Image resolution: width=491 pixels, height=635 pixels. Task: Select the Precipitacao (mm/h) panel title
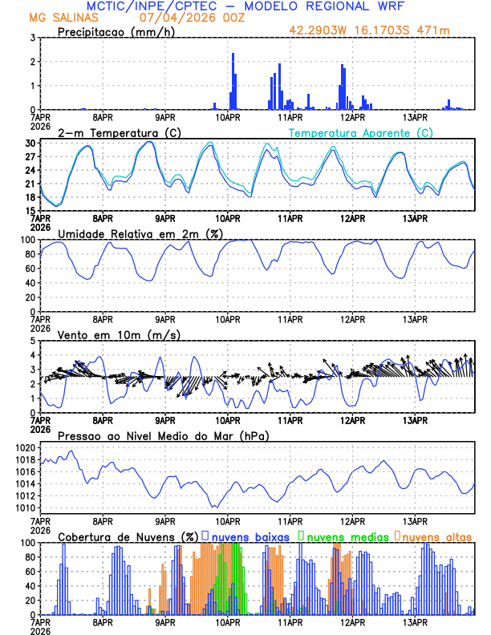pyautogui.click(x=116, y=31)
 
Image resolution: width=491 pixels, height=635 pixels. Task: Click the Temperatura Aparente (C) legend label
pyautogui.click(x=360, y=132)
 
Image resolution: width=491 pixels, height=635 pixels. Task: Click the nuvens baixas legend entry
pyautogui.click(x=244, y=536)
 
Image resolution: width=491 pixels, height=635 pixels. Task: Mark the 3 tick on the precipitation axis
pyautogui.click(x=33, y=38)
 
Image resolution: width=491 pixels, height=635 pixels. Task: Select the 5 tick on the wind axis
pyautogui.click(x=33, y=341)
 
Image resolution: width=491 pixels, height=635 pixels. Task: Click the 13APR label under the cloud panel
pyautogui.click(x=415, y=622)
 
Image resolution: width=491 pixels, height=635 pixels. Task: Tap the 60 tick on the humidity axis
pyautogui.click(x=28, y=269)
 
